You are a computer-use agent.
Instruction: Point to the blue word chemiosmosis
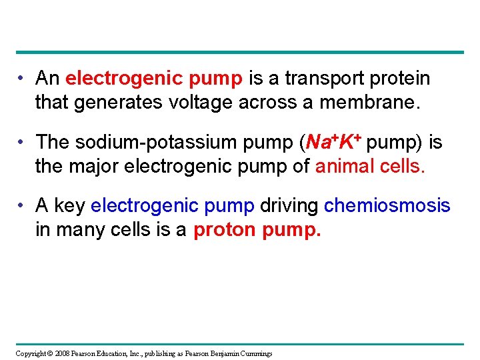(387, 205)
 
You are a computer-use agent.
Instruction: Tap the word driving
(289, 205)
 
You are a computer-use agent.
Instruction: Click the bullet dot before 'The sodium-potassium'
(23, 143)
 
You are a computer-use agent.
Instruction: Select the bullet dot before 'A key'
(23, 206)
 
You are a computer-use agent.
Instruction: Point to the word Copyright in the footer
(31, 353)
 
